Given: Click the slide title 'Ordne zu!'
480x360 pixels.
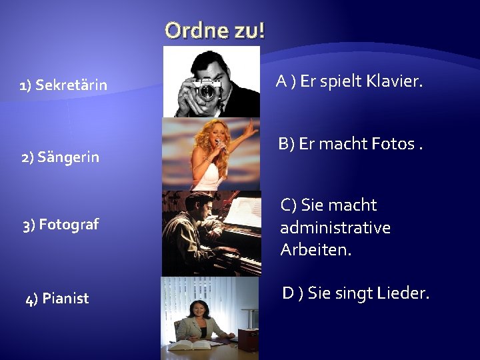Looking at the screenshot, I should point(215,30).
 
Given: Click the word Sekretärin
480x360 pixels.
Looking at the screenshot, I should point(71,85).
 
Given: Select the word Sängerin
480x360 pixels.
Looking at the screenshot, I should point(68,157).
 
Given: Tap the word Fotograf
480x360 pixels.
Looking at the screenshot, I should point(69,224).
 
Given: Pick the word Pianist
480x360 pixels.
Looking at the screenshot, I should point(65,298).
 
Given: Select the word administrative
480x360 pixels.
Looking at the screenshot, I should point(335,227).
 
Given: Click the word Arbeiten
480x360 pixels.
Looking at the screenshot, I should point(315,250).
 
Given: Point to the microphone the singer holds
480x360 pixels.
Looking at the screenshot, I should point(219,147).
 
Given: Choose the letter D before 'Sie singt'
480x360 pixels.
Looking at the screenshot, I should point(289,293).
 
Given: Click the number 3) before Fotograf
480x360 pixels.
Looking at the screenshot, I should point(29,225).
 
